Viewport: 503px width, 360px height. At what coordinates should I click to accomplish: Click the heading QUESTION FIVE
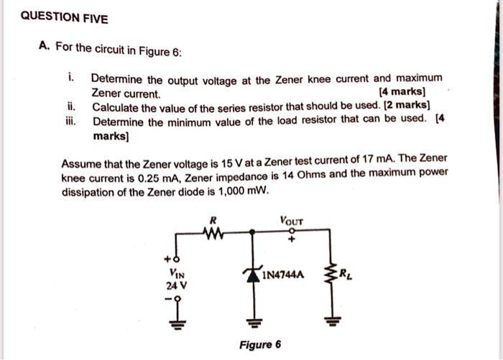pos(64,18)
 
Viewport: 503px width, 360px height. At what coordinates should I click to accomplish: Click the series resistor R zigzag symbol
pos(213,233)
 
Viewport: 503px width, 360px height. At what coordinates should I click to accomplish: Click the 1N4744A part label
pos(283,275)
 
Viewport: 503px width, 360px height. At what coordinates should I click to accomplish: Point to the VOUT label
pos(291,221)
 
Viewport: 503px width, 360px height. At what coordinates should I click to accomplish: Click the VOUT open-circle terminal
pos(291,231)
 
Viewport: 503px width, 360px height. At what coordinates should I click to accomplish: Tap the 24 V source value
pos(176,285)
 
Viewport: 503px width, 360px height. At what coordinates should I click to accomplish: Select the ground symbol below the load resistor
pos(332,320)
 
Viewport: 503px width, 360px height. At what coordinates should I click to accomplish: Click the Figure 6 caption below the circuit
pos(260,345)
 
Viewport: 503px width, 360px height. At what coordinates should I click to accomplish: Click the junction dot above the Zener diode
pos(252,231)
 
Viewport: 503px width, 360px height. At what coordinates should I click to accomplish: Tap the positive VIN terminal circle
pos(176,259)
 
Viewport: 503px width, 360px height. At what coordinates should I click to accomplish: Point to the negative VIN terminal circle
pos(177,299)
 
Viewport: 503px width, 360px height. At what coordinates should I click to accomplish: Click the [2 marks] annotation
pos(407,105)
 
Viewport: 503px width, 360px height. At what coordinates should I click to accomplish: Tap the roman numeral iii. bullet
pos(71,122)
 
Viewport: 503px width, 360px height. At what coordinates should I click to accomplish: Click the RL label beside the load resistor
pos(346,274)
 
